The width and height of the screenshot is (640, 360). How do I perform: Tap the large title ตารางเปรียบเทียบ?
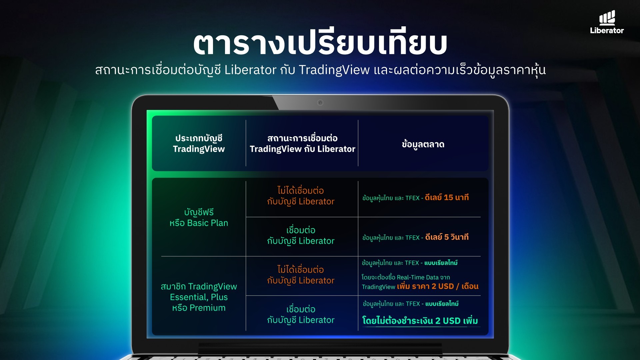coord(320,43)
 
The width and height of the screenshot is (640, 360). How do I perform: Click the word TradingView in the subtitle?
coord(334,70)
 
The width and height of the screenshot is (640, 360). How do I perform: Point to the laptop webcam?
coord(320,103)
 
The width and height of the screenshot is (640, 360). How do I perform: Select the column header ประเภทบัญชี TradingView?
coord(199,144)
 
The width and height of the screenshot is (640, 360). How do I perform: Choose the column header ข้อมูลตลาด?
coord(423,144)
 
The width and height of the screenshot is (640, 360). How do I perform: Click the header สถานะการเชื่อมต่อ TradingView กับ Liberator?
coord(302,144)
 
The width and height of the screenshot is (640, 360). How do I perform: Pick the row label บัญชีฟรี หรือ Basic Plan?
coord(199,218)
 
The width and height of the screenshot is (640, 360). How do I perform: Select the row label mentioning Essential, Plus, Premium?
coord(199,297)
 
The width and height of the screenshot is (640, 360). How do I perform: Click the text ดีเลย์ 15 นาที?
coord(447,198)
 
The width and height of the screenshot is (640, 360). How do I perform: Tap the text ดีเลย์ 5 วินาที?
coord(447,237)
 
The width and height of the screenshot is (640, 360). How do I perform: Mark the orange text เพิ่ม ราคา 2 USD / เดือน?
coord(438,286)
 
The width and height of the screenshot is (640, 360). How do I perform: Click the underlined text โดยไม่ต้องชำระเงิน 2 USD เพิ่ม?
coord(420,321)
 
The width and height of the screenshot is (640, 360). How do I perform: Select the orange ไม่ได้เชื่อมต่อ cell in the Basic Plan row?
coord(301,196)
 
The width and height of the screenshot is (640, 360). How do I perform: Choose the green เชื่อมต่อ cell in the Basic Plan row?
coord(301,236)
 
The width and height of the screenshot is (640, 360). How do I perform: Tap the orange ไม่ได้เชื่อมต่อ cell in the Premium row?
coord(301,275)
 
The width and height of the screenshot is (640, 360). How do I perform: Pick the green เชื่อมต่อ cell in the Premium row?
coord(301,315)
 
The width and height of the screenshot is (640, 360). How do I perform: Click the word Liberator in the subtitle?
coord(250,70)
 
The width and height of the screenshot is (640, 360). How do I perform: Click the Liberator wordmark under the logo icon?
coord(607,30)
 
